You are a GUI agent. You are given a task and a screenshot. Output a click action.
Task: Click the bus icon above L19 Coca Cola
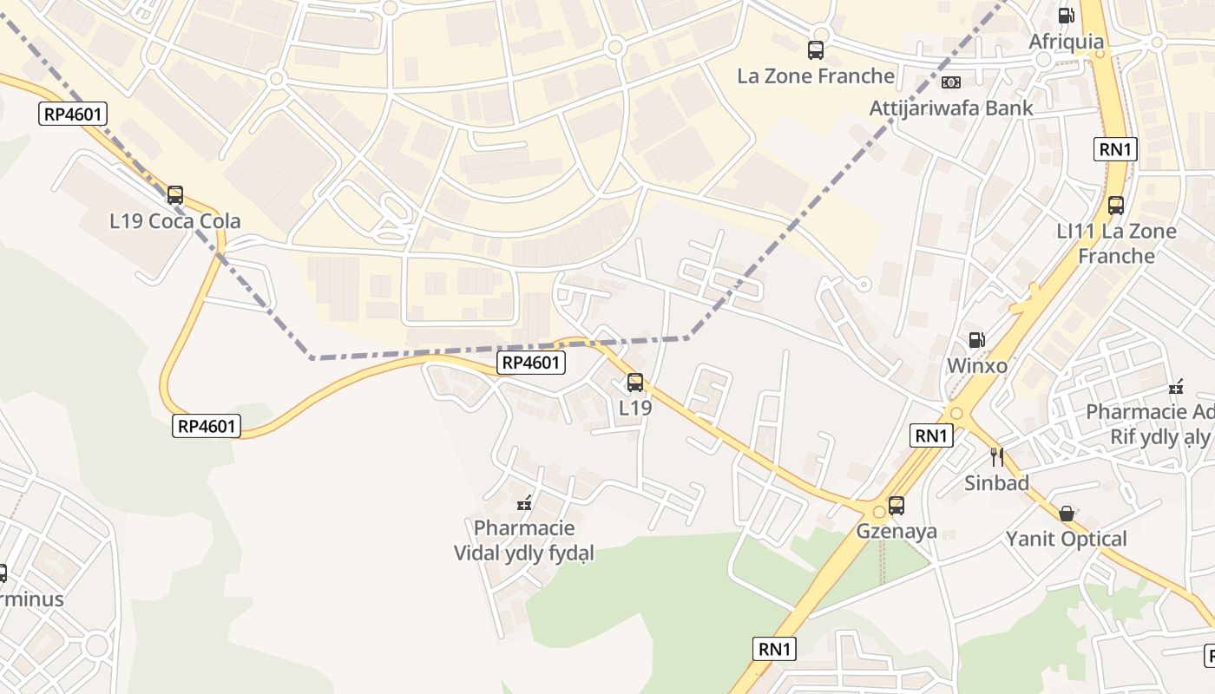[175, 195]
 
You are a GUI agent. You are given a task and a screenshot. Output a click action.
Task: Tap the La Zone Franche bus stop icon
[816, 50]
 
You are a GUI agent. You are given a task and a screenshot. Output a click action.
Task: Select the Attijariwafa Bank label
[951, 108]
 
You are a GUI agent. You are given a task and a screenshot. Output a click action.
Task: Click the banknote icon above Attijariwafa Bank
[951, 82]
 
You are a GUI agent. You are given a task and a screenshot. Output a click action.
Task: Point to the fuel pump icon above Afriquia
[1066, 16]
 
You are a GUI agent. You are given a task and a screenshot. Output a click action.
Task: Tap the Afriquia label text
[1067, 42]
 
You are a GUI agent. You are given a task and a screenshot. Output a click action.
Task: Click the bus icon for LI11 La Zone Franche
[1116, 206]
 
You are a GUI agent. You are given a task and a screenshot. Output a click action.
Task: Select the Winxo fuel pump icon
[976, 340]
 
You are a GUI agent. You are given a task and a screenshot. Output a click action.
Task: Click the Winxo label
[977, 365]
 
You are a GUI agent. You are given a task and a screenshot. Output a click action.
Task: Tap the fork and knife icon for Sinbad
[996, 456]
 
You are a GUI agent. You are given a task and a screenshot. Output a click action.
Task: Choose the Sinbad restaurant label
[996, 483]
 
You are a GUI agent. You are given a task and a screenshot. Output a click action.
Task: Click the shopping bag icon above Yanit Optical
[1067, 514]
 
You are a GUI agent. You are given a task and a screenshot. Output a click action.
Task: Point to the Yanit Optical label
[1066, 539]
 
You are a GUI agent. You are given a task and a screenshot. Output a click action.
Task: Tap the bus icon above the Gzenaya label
[896, 505]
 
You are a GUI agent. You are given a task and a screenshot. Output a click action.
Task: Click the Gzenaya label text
[896, 530]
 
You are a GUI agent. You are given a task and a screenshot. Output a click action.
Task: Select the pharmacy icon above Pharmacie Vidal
[524, 502]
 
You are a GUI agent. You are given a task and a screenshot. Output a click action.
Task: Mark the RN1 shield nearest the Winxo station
[931, 435]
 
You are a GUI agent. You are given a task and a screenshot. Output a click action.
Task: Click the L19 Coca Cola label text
[175, 221]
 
